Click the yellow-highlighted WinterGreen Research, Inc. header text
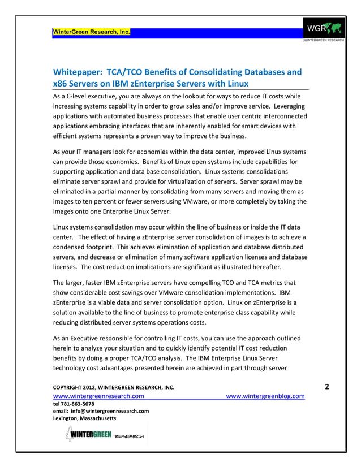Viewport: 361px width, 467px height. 91,31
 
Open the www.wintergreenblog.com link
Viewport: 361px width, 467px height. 265,396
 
